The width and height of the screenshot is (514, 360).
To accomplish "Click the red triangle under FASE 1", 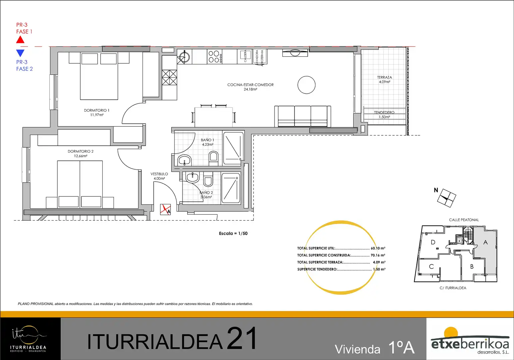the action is click(20, 40).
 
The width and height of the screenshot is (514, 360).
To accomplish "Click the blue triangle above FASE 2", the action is click(20, 53).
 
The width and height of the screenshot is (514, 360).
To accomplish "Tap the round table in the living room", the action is click(306, 85).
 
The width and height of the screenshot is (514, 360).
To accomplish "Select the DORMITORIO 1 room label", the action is click(97, 110).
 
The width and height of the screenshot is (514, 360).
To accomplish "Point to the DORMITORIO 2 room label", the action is click(81, 151).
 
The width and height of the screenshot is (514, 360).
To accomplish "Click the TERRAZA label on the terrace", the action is click(384, 77).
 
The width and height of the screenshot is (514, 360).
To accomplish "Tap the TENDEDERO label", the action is click(384, 112).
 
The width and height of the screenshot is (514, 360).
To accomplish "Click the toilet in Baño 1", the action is click(214, 158).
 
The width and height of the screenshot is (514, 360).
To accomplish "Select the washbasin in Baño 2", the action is click(192, 177).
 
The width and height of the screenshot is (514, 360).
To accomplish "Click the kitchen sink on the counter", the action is click(185, 57).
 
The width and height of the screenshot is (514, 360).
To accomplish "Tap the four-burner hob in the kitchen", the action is click(215, 57).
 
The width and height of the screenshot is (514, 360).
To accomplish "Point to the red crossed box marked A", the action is click(165, 209).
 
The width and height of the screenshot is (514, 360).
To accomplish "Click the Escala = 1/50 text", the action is click(233, 233).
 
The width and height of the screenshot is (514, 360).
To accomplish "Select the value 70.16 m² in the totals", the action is click(378, 255).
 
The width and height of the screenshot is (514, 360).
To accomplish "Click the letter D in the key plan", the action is click(433, 242).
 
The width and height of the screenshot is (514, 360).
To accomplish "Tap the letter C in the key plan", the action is click(431, 267).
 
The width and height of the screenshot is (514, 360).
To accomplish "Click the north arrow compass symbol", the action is click(446, 198).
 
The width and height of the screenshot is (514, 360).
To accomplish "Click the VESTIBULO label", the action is click(159, 174).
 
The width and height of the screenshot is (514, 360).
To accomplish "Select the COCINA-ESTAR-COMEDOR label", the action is click(251, 85).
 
